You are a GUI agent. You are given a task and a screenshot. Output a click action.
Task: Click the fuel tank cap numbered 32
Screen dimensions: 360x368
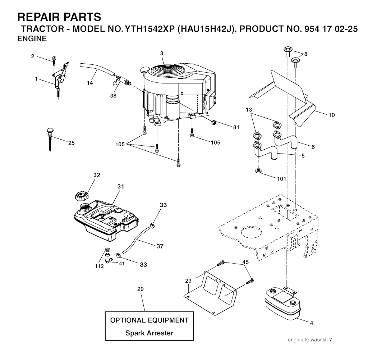pyautogui.click(x=82, y=196)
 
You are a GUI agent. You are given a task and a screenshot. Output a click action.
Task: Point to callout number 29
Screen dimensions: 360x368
pyautogui.click(x=141, y=289)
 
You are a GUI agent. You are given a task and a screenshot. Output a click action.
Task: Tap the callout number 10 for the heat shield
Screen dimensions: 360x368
pyautogui.click(x=331, y=115)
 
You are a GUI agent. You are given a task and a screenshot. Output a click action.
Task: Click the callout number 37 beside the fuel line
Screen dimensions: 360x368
pyautogui.click(x=160, y=246)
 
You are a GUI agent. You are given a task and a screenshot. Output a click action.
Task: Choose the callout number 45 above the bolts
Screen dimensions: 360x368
pyautogui.click(x=245, y=262)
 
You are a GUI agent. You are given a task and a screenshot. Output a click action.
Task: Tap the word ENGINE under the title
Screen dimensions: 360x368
pyautogui.click(x=32, y=39)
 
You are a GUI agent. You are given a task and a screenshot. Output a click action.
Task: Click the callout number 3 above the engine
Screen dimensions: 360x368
pyautogui.click(x=162, y=53)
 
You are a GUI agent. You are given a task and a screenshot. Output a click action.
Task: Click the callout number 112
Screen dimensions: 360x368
pyautogui.click(x=99, y=266)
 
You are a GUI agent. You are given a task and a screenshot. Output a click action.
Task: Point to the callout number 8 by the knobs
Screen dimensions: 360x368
pyautogui.click(x=306, y=54)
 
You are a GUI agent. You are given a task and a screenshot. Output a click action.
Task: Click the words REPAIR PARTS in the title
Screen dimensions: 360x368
pyautogui.click(x=59, y=17)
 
